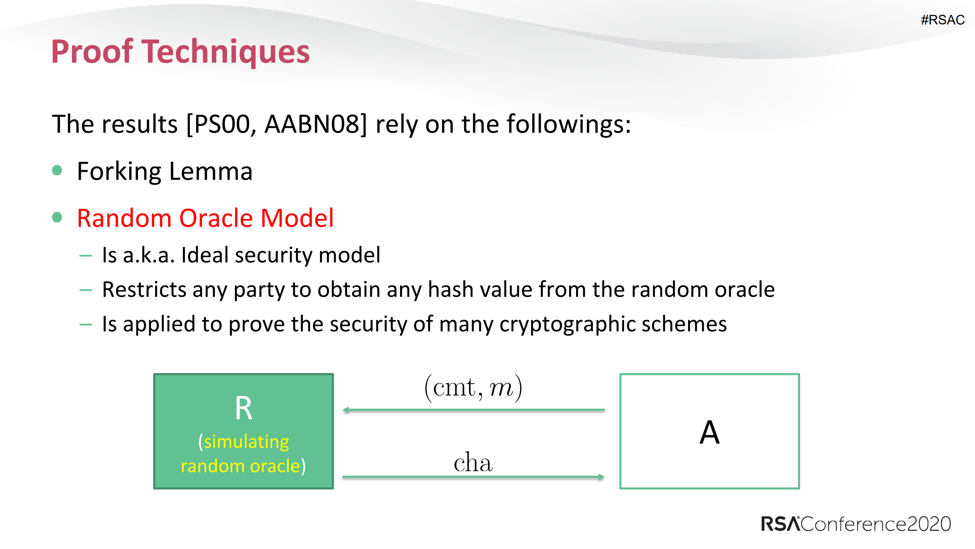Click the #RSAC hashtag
coord(942,20)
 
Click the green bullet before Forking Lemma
coord(57,170)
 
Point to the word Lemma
coord(210,171)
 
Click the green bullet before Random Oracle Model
coord(57,217)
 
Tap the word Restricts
coord(144,290)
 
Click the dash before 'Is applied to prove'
coord(86,325)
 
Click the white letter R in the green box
coord(243,408)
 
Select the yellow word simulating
coord(246,442)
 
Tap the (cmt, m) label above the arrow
coord(473,388)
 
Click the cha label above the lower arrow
coord(473,463)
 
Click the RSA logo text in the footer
coord(780,524)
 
